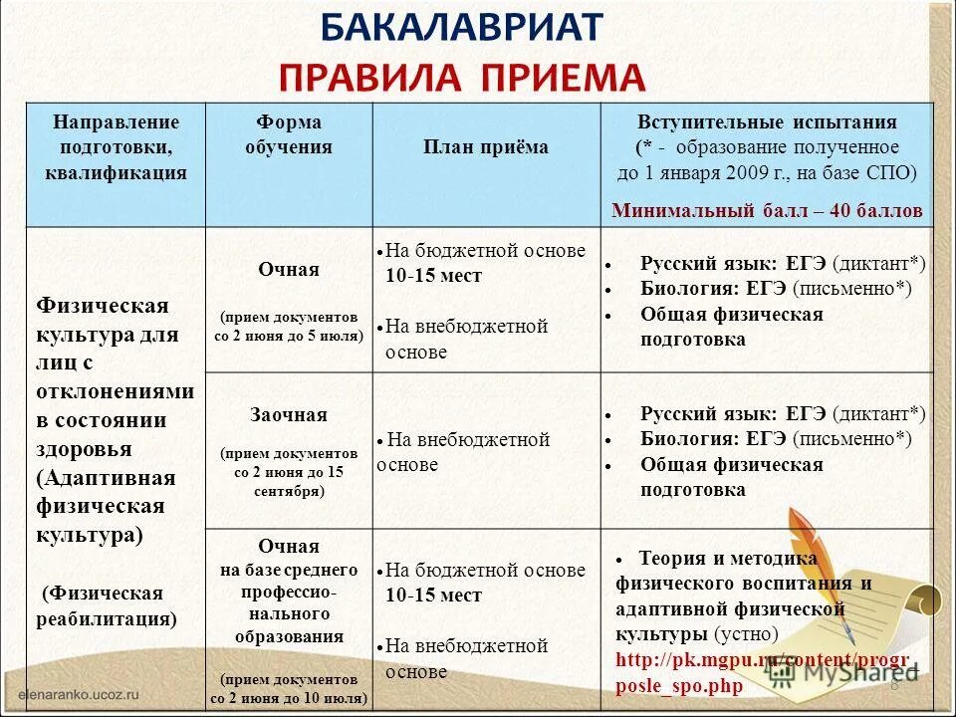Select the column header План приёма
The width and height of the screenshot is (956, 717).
(486, 147)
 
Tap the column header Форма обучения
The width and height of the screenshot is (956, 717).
(289, 134)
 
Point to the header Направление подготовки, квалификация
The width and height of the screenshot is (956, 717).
(117, 147)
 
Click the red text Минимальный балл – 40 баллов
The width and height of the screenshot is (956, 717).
(767, 211)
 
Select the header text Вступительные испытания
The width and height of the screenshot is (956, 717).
(767, 122)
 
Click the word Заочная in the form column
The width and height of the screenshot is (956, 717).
(289, 414)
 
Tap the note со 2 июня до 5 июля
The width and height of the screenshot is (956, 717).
(289, 336)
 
